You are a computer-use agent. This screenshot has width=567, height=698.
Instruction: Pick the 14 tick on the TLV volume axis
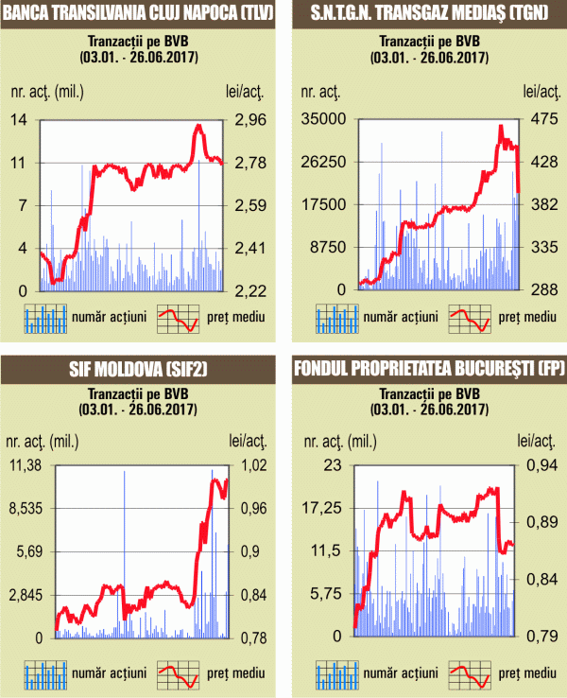[19, 119]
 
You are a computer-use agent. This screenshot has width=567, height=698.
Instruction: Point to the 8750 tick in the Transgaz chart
[326, 248]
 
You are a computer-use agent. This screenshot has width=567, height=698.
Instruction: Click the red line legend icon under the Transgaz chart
[471, 319]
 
